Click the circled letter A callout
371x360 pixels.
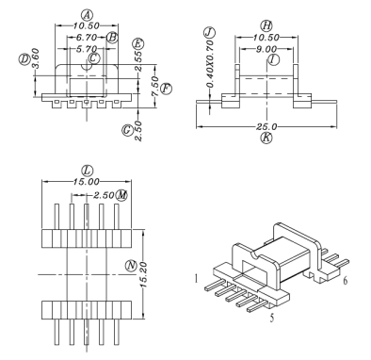(x=87, y=15)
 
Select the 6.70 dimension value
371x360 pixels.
(x=80, y=38)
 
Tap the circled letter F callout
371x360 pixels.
(x=166, y=88)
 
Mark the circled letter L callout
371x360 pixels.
(x=87, y=171)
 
